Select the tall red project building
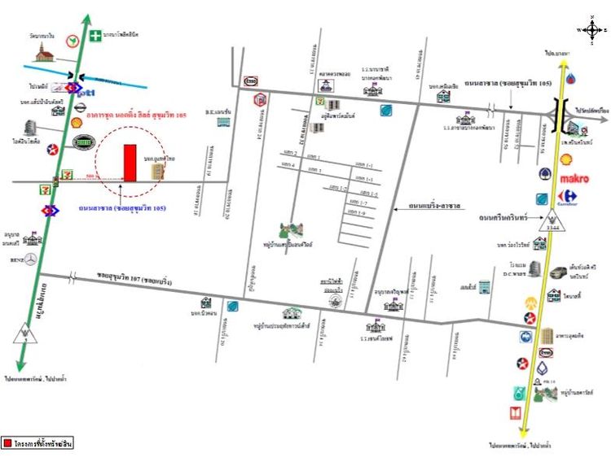pyautogui.click(x=130, y=163)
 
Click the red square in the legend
pyautogui.click(x=7, y=443)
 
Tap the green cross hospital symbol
pyautogui.click(x=96, y=35)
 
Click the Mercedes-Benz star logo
pyautogui.click(x=30, y=259)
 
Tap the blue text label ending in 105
pyautogui.click(x=123, y=209)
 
